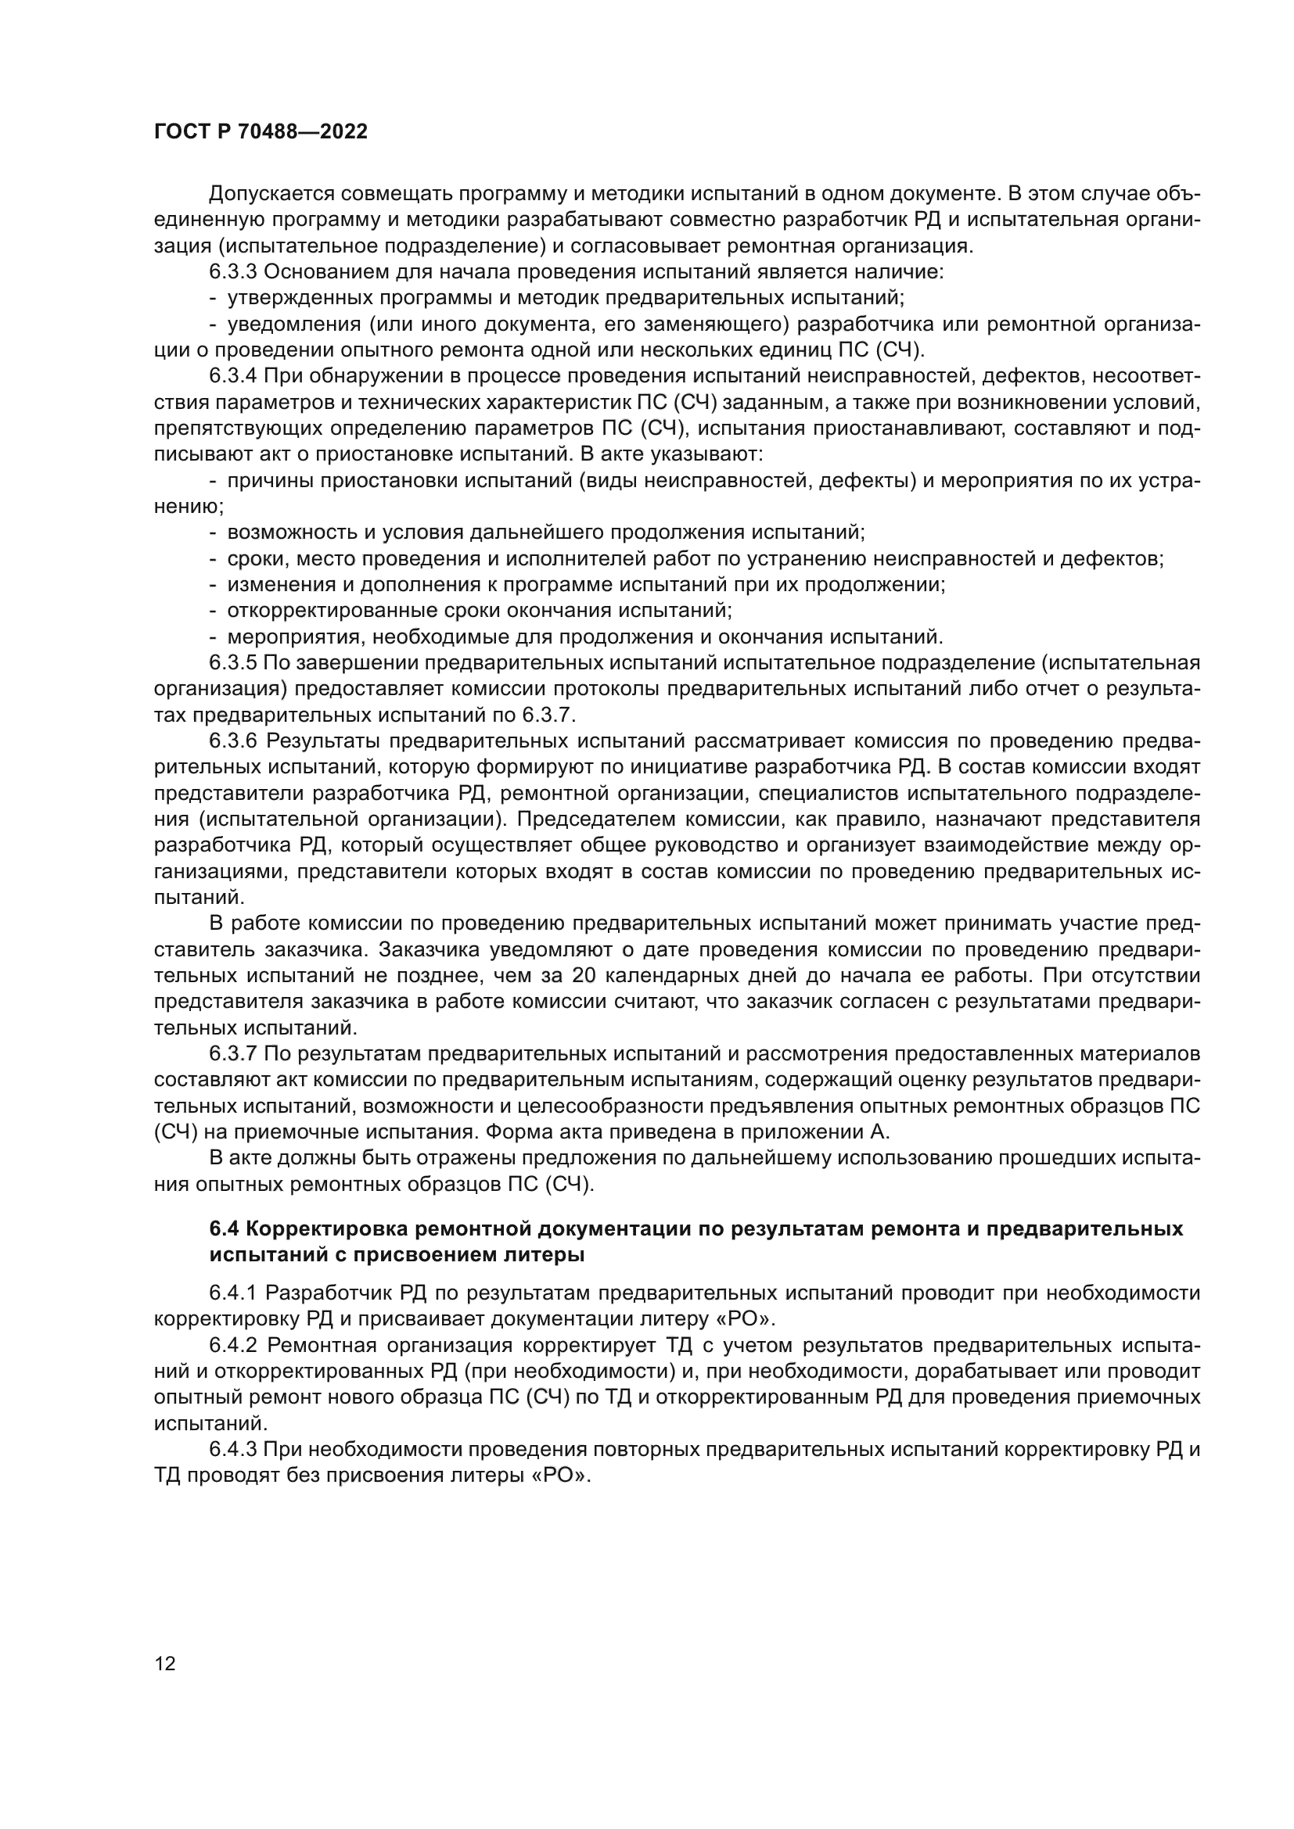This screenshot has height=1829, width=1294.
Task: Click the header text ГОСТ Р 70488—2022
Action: point(261,132)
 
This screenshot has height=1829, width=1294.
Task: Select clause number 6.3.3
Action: point(232,271)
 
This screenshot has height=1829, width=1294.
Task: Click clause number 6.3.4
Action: point(232,376)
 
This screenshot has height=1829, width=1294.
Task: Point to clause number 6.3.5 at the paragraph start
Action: point(232,663)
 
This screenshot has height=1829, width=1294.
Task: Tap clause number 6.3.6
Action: point(232,741)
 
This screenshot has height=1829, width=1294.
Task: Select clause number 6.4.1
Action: point(232,1292)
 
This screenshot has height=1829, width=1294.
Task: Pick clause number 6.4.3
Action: point(232,1449)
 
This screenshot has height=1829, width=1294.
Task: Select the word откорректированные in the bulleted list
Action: point(318,610)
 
